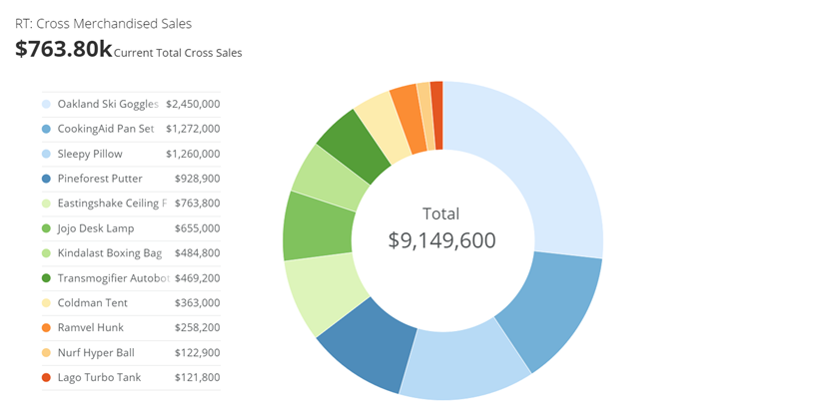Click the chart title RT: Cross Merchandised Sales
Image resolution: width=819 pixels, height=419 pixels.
point(103,23)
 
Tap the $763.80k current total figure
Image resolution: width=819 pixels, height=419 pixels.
point(63,49)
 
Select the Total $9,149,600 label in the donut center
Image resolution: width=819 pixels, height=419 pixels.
point(441,227)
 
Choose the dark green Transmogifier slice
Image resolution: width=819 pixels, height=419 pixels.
point(351,145)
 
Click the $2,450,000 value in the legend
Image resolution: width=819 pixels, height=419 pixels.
point(193,104)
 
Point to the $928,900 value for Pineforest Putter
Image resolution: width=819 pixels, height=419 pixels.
point(197,179)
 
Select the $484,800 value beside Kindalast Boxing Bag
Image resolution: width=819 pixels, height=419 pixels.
point(197,253)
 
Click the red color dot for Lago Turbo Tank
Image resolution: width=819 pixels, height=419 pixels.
point(46,378)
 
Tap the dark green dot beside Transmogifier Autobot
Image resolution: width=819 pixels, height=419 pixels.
point(46,278)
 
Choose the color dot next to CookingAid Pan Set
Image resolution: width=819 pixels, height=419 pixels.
point(46,129)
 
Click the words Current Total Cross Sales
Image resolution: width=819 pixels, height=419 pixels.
point(178,53)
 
